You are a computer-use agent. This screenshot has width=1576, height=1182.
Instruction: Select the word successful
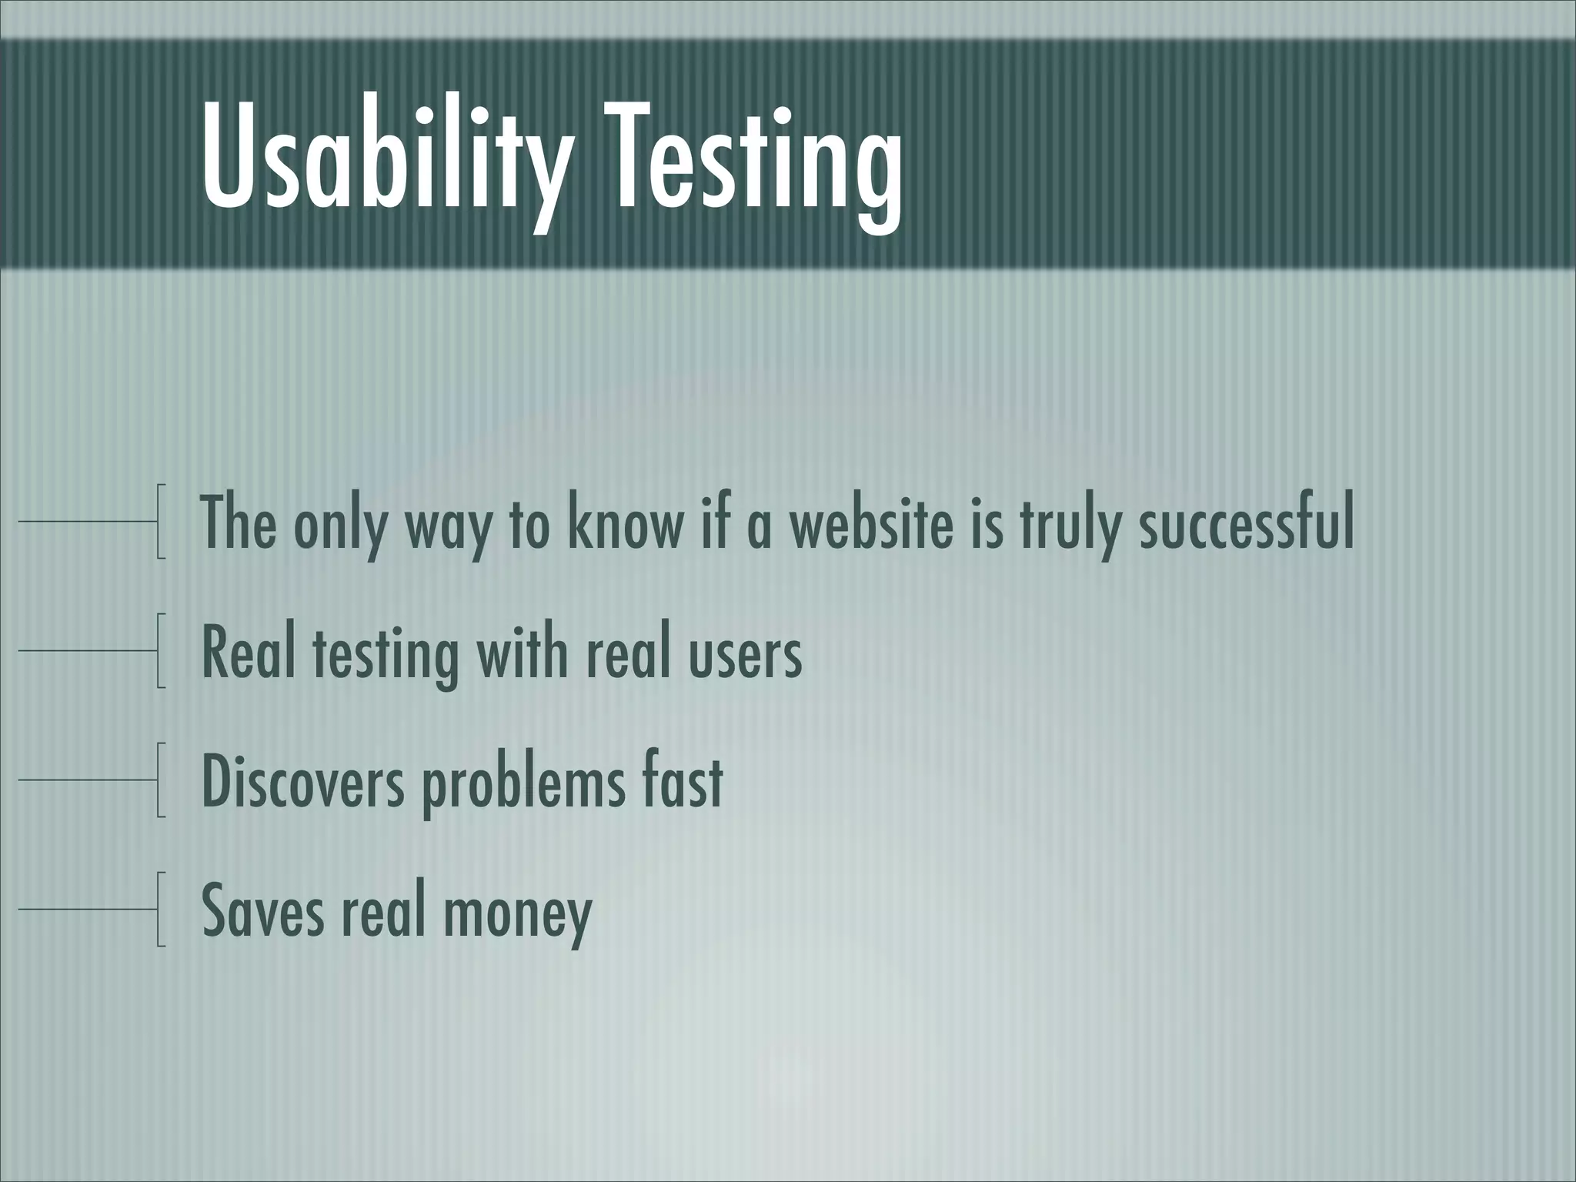[x=1246, y=523]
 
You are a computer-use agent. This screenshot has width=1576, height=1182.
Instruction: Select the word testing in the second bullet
[x=385, y=653]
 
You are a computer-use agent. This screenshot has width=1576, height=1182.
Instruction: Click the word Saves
[x=262, y=910]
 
